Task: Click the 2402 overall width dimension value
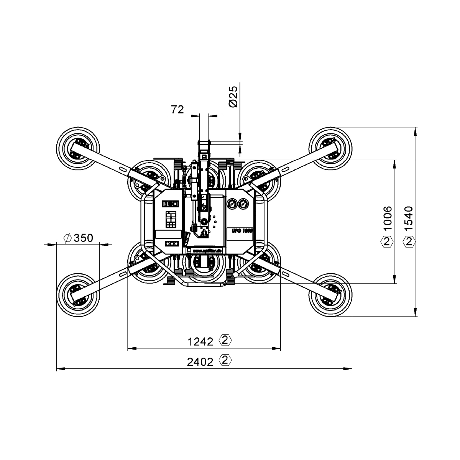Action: coord(200,361)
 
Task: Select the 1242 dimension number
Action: coord(200,341)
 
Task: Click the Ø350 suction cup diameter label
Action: coord(77,238)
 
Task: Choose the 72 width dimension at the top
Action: coord(177,110)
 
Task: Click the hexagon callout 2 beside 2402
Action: coord(225,360)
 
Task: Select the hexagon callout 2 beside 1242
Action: coord(225,340)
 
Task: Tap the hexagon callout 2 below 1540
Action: coord(409,242)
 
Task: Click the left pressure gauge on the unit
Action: coord(231,205)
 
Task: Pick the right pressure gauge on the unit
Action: coord(243,205)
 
